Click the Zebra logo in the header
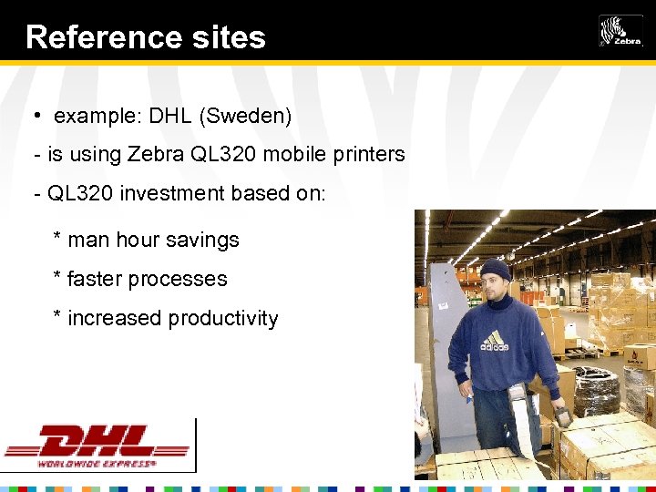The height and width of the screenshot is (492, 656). (x=620, y=30)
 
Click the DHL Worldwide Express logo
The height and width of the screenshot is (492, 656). (x=97, y=446)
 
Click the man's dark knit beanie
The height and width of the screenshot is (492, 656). (x=496, y=268)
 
